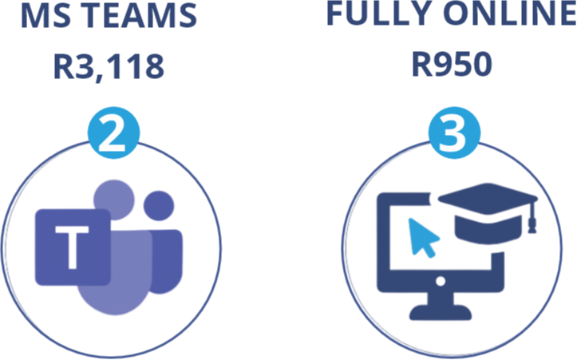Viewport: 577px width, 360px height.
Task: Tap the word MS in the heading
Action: (x=41, y=18)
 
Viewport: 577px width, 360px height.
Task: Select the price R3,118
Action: (x=109, y=67)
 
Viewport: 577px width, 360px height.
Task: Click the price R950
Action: (x=452, y=64)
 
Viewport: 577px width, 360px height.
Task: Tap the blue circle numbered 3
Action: (x=453, y=134)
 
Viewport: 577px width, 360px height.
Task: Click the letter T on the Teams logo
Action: (x=73, y=246)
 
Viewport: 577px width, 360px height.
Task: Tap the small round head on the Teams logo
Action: (x=160, y=207)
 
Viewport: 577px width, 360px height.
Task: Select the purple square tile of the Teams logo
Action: (x=72, y=247)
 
